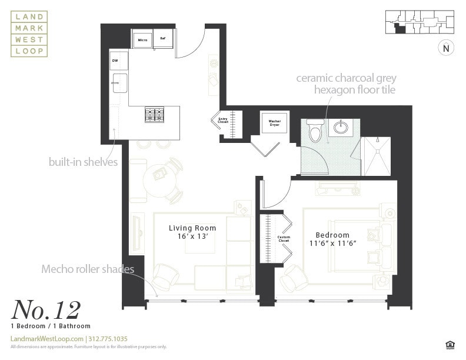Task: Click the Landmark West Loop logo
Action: point(29,34)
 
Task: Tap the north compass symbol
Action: point(445,49)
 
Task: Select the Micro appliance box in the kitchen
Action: point(142,39)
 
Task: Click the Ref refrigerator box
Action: point(163,39)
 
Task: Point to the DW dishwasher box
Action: point(118,61)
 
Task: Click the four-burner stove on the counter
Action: point(155,114)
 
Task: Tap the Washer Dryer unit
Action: point(274,124)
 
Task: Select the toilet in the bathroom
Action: point(315,131)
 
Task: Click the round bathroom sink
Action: point(340,125)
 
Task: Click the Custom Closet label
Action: point(284,239)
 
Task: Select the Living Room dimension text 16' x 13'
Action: point(192,236)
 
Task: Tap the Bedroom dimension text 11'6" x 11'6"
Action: point(332,242)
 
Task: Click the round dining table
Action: point(158,174)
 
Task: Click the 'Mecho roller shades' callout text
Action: point(88,269)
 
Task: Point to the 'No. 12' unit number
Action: point(45,309)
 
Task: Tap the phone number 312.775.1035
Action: point(108,339)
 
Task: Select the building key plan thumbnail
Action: point(420,23)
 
